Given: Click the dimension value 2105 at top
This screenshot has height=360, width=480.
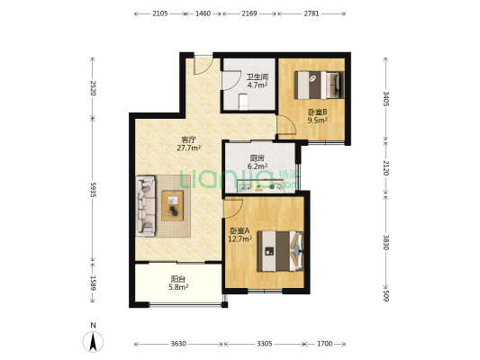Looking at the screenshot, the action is (x=160, y=13).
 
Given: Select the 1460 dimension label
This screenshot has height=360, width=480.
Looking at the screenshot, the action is (x=203, y=13).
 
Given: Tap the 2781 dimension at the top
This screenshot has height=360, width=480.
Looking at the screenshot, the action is (x=312, y=13).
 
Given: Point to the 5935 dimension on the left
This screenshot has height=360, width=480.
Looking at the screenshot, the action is (x=93, y=190).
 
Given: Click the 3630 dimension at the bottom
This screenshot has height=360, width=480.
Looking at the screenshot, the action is (x=178, y=344).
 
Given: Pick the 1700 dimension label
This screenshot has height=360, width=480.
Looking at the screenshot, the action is (x=324, y=344).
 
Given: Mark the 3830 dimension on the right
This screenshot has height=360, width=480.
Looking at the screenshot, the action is (x=386, y=242).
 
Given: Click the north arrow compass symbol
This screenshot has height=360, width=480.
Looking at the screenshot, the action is (x=93, y=341).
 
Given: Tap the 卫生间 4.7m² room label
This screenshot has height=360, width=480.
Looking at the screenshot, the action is (x=258, y=81).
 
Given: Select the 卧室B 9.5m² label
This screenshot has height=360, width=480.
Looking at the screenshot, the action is (x=318, y=116).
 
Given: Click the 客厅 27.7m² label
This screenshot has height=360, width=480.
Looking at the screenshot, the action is (x=188, y=144).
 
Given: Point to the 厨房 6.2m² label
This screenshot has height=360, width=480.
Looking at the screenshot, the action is (x=258, y=162).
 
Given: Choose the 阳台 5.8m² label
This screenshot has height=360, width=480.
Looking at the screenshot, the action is (x=178, y=283).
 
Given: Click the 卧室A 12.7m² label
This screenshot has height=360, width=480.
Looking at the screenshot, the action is (x=240, y=235).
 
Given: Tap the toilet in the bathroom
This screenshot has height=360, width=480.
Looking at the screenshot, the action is (x=243, y=101).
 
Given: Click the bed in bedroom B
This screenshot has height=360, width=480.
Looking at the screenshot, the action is (x=320, y=85).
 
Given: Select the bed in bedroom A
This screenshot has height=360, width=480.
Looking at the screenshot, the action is (x=280, y=251).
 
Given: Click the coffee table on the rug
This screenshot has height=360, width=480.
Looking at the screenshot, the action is (x=173, y=205).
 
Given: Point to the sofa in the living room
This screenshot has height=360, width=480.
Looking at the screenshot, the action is (x=146, y=205).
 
